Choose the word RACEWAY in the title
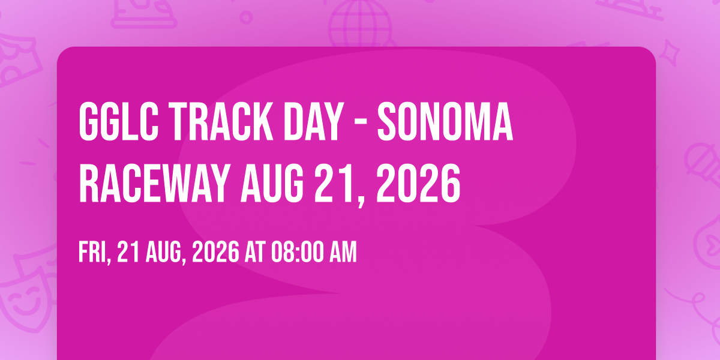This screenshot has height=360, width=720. coord(154,183)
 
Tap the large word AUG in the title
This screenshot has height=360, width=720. coord(272,183)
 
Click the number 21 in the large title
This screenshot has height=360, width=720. coord(337,183)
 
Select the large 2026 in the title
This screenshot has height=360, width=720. coord(418,183)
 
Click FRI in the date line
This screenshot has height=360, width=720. coord(95,253)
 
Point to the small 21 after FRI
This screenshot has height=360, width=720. coord(128,253)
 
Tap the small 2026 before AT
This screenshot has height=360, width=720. coord(215,253)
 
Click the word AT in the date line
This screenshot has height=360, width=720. coord(255,253)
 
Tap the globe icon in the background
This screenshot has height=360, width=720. coord(359,23)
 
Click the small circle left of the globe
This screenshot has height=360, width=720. coord(246,17)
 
